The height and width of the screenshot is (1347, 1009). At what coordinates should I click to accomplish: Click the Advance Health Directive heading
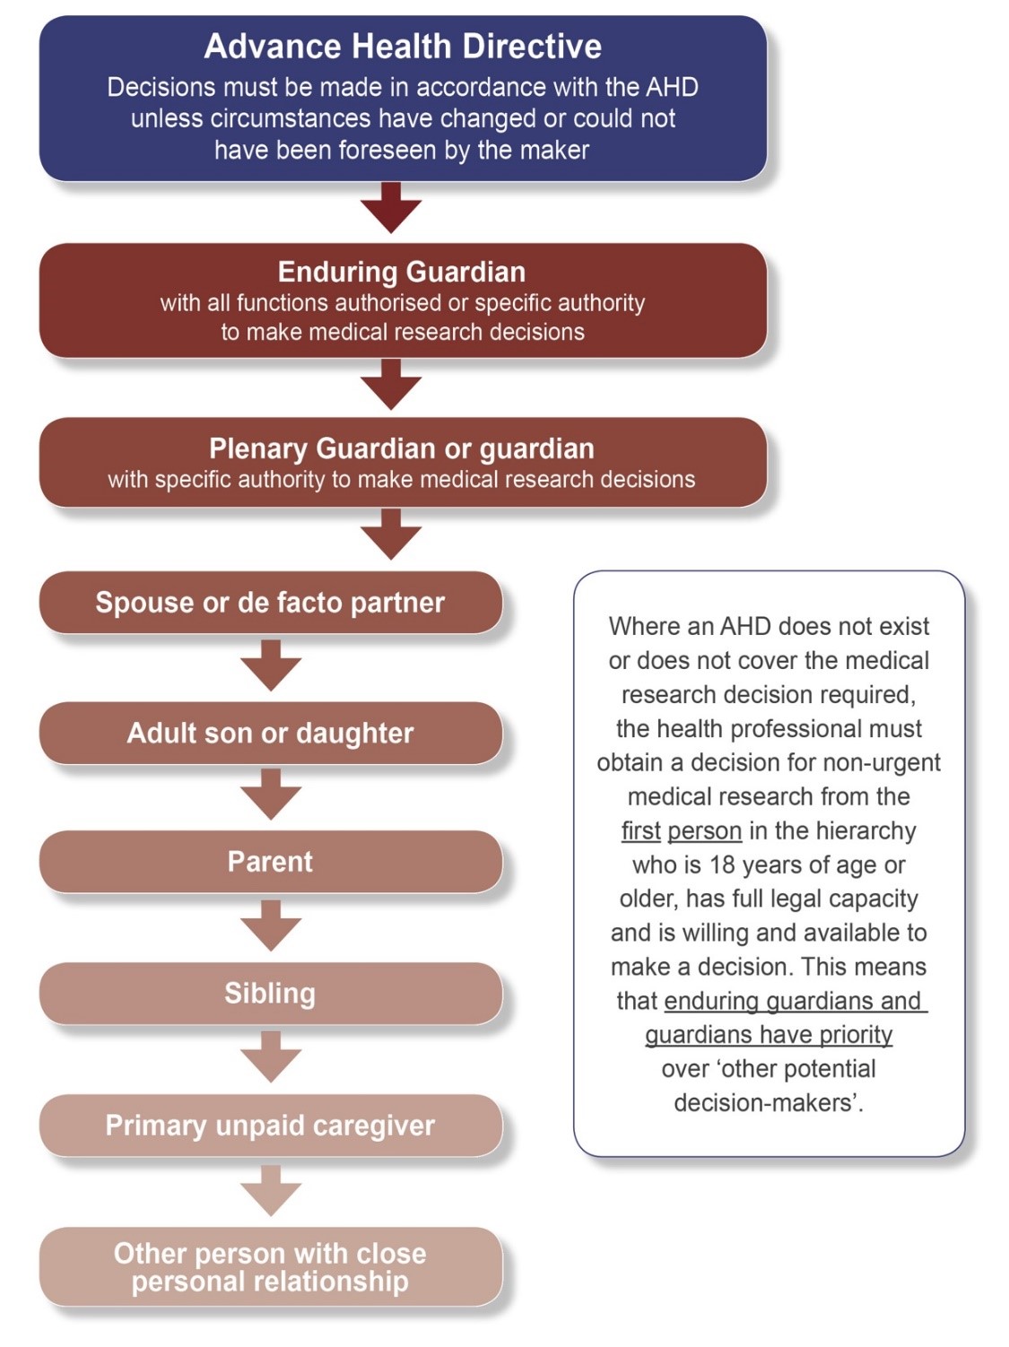pyautogui.click(x=403, y=47)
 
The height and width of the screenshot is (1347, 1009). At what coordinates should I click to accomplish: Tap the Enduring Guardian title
pyautogui.click(x=402, y=272)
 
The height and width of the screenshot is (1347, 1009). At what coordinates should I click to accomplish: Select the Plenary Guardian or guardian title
pyautogui.click(x=402, y=448)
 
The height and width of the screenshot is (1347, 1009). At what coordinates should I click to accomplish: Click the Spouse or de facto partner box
pyautogui.click(x=270, y=603)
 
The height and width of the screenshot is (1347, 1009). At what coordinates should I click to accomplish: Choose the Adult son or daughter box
pyautogui.click(x=270, y=734)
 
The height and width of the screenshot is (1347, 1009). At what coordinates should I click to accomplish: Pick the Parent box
pyautogui.click(x=270, y=862)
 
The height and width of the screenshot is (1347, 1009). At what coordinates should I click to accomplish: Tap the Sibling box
pyautogui.click(x=270, y=994)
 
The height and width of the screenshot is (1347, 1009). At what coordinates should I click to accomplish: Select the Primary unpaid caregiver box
pyautogui.click(x=270, y=1125)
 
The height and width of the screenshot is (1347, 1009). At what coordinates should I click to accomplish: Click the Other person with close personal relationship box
pyautogui.click(x=270, y=1267)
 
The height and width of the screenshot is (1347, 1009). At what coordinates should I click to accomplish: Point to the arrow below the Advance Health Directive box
pyautogui.click(x=391, y=209)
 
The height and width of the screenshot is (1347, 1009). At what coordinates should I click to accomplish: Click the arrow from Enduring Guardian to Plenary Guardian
pyautogui.click(x=391, y=386)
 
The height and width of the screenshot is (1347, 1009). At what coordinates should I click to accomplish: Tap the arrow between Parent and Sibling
pyautogui.click(x=271, y=926)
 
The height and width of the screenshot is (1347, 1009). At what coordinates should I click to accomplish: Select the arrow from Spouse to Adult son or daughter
pyautogui.click(x=271, y=666)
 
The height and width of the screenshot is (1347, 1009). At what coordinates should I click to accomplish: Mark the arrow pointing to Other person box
pyautogui.click(x=271, y=1191)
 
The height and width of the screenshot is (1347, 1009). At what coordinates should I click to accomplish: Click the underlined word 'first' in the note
pyautogui.click(x=640, y=831)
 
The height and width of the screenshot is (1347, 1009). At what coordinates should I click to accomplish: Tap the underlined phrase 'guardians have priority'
pyautogui.click(x=769, y=1035)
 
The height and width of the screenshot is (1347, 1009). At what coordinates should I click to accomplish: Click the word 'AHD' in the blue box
pyautogui.click(x=671, y=87)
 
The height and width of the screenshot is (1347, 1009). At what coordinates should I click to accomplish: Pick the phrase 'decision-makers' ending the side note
pyautogui.click(x=767, y=1103)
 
